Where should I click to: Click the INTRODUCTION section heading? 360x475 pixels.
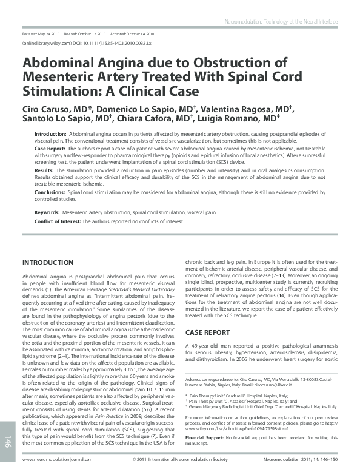point(47,263)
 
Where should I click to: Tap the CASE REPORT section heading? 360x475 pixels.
point(208,332)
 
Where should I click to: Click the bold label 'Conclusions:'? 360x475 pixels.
point(50,191)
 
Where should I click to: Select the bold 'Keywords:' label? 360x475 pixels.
point(46,213)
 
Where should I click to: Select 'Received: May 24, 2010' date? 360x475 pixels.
point(41,34)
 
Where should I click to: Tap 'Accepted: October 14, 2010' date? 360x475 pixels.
point(132,34)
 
